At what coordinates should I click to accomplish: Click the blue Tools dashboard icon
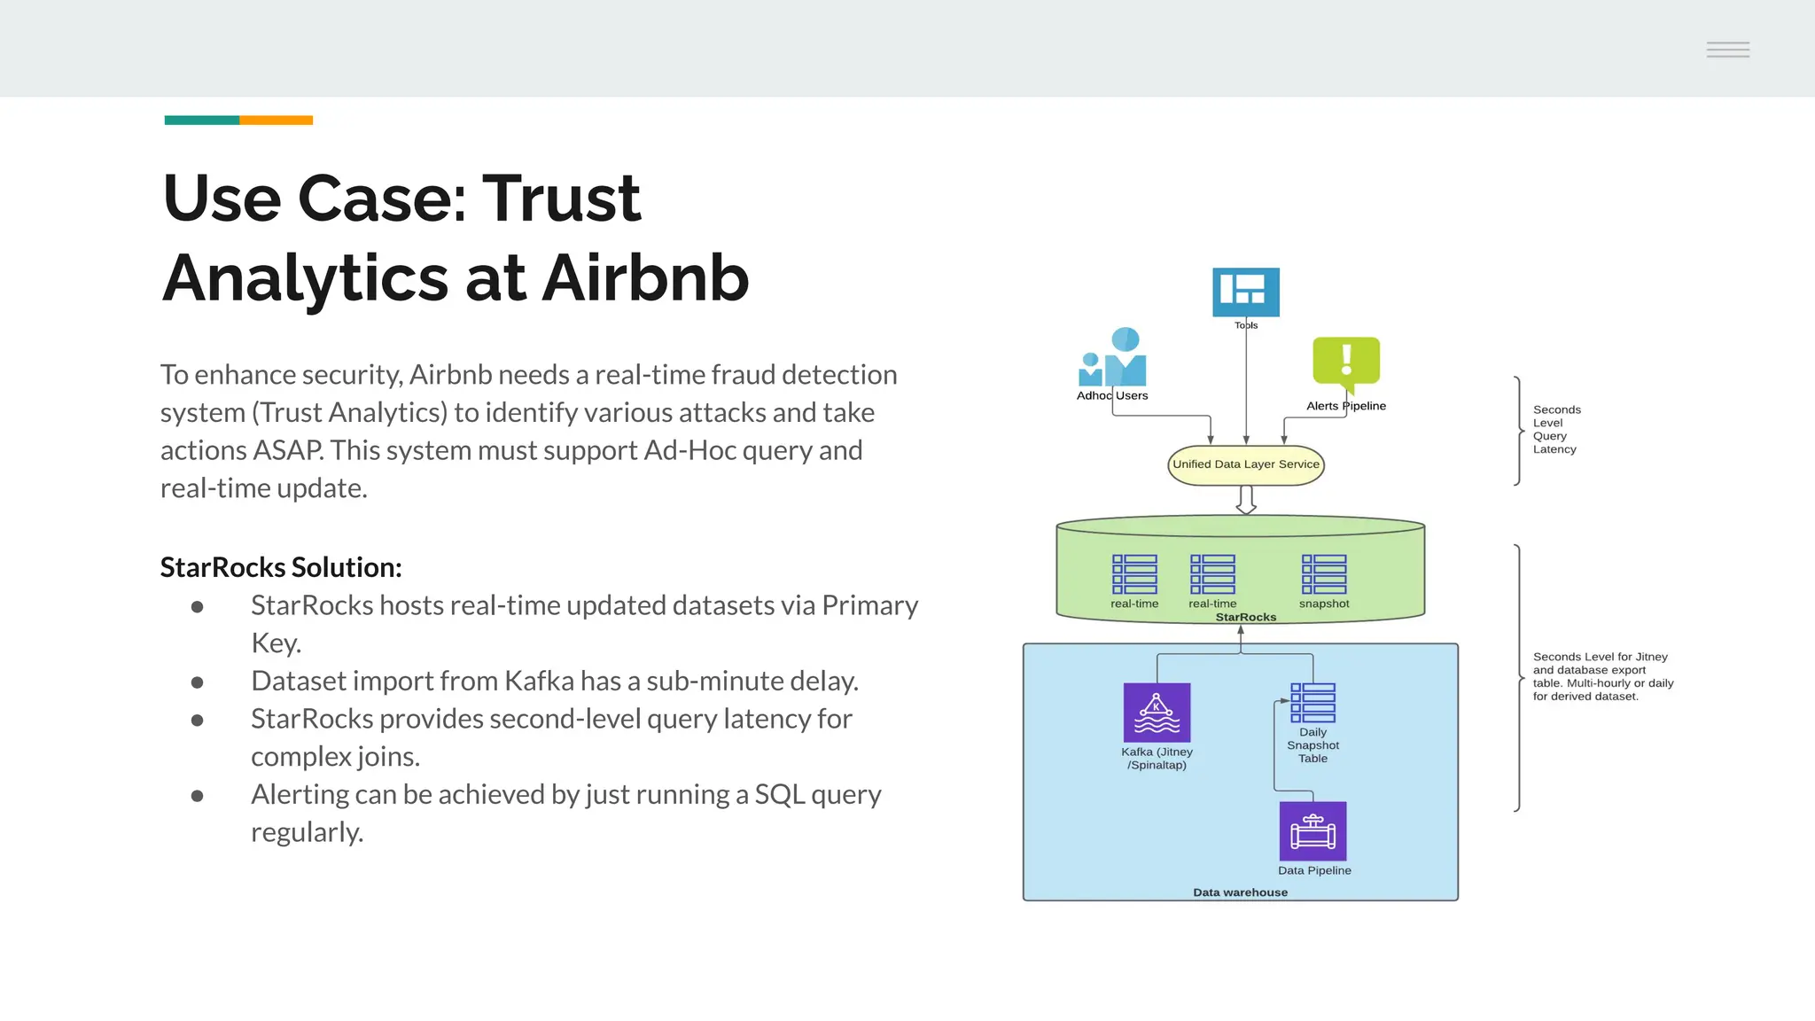click(1245, 292)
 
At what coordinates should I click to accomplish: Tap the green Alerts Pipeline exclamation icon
click(1345, 362)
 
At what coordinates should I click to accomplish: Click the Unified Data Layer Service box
click(1245, 464)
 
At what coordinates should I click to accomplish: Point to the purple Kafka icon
click(1157, 713)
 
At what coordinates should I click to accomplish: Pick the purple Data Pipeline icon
click(1313, 831)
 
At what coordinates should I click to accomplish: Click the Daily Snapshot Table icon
click(1313, 703)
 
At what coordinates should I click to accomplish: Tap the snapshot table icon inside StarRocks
click(1324, 574)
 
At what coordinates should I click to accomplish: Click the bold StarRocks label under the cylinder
click(1245, 617)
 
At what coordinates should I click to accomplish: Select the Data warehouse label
click(1240, 892)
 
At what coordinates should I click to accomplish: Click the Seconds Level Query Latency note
click(1556, 430)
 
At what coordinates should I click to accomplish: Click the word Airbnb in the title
click(645, 278)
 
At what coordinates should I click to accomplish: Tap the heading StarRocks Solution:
click(281, 567)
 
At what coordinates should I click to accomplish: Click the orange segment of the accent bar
click(276, 121)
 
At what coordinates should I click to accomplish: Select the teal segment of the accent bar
click(201, 121)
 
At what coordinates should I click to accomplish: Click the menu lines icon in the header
click(1727, 50)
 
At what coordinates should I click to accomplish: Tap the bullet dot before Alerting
click(198, 796)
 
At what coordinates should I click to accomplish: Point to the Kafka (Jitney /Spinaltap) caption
click(1157, 759)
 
